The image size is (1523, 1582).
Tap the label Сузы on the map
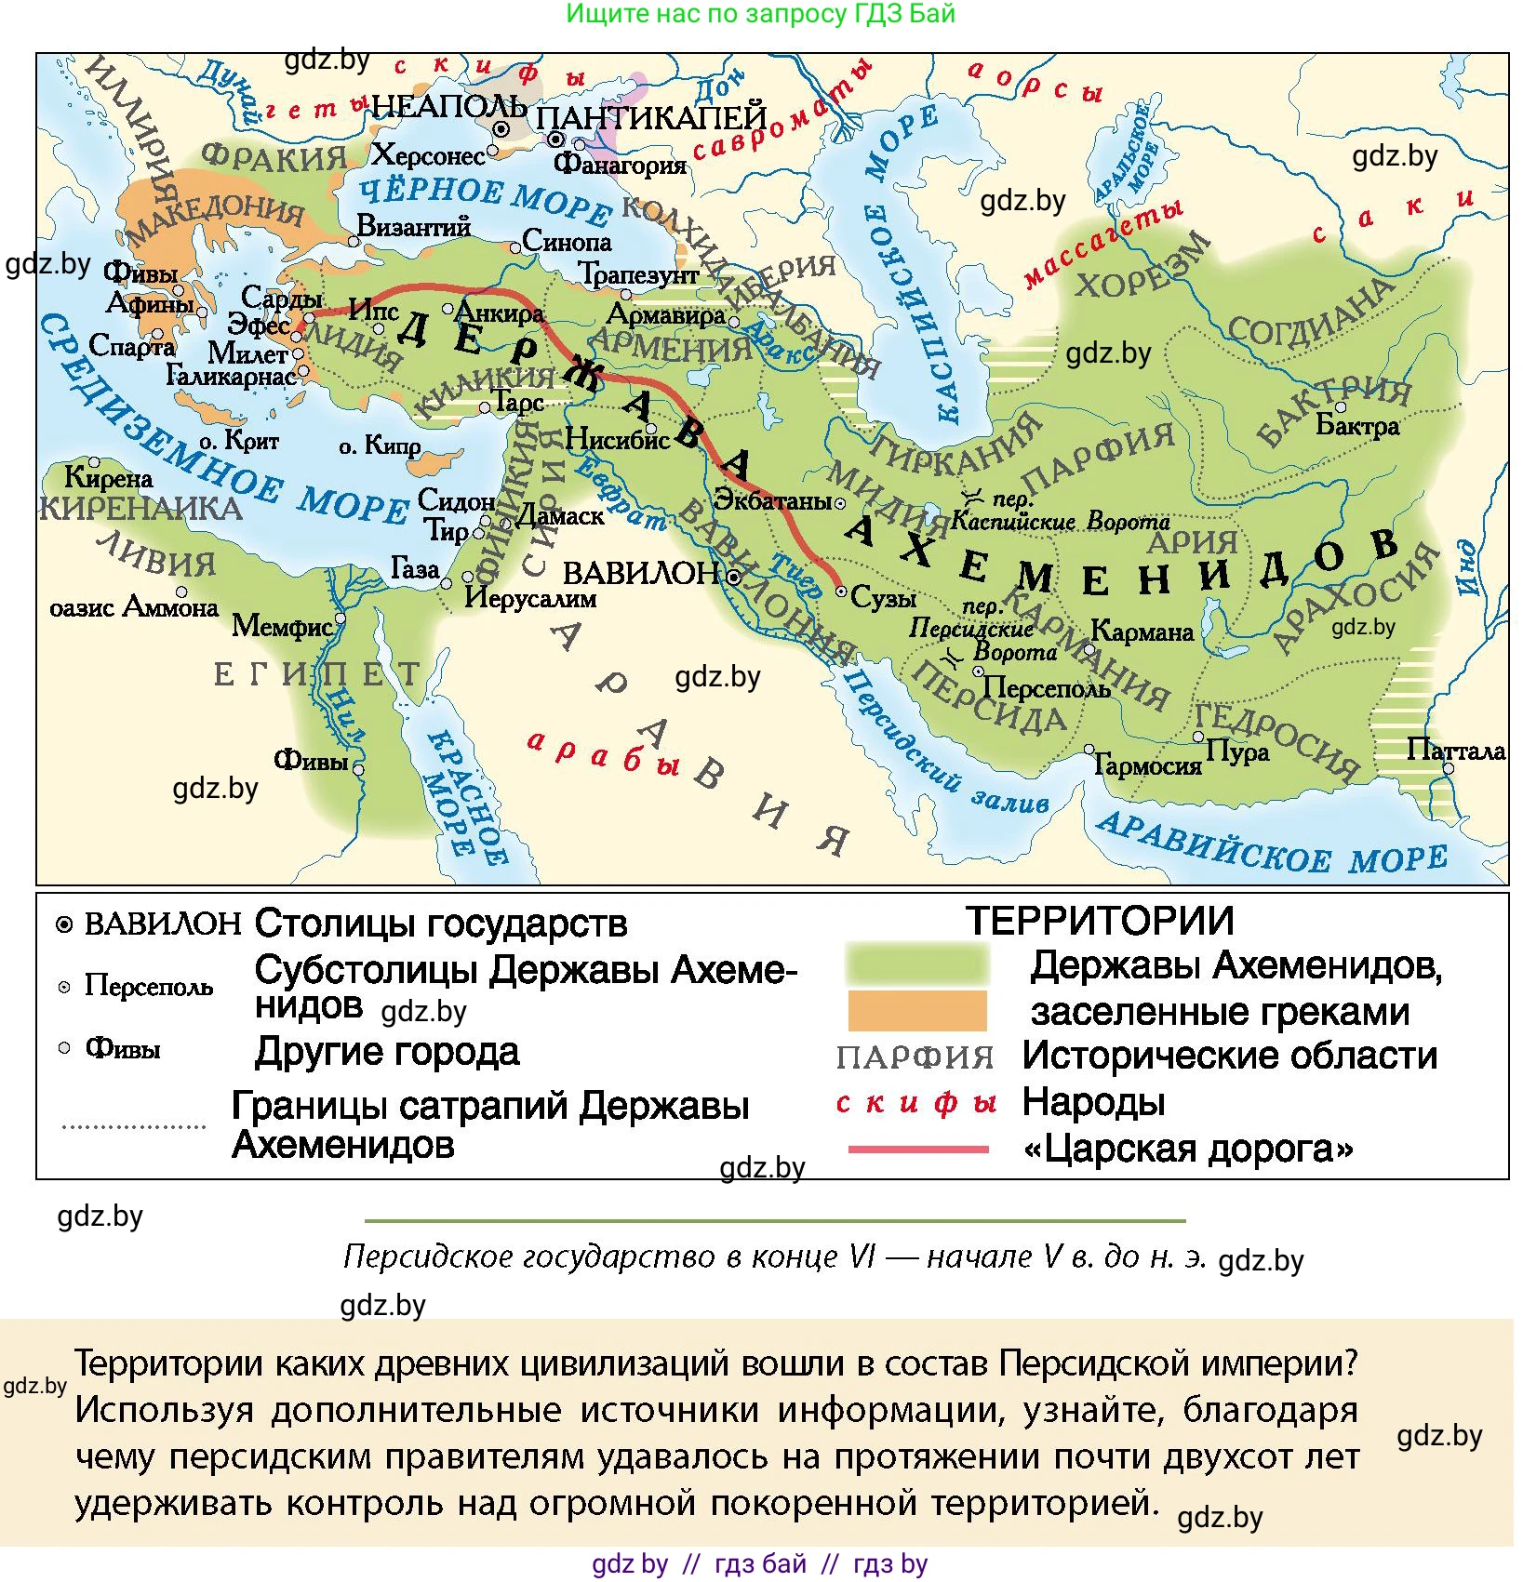pyautogui.click(x=883, y=597)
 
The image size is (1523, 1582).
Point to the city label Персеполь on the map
pyautogui.click(x=1047, y=688)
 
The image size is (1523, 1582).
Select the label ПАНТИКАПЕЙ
pyautogui.click(x=651, y=118)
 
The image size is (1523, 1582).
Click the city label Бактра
pyautogui.click(x=1357, y=426)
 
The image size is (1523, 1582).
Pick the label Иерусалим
pyautogui.click(x=530, y=597)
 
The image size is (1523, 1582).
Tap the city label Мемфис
pyautogui.click(x=281, y=626)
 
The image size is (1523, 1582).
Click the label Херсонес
pyautogui.click(x=428, y=154)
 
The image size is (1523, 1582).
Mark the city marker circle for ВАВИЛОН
pyautogui.click(x=734, y=577)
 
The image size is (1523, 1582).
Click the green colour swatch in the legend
pyautogui.click(x=916, y=964)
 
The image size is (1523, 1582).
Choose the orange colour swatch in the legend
pyautogui.click(x=916, y=1010)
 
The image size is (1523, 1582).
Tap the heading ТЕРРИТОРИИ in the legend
pyautogui.click(x=1100, y=921)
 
